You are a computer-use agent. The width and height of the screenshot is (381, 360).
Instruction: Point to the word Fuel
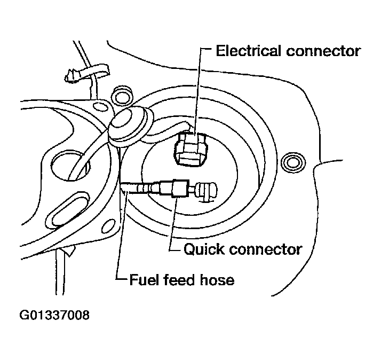(x=142, y=279)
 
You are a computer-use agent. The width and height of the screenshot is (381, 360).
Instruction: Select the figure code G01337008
(x=54, y=315)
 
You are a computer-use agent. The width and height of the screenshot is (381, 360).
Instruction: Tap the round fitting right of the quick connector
(x=204, y=191)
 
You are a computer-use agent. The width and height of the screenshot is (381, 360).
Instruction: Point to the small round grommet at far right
(x=292, y=161)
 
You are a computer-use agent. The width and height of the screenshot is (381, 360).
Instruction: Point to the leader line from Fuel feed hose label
(x=119, y=235)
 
